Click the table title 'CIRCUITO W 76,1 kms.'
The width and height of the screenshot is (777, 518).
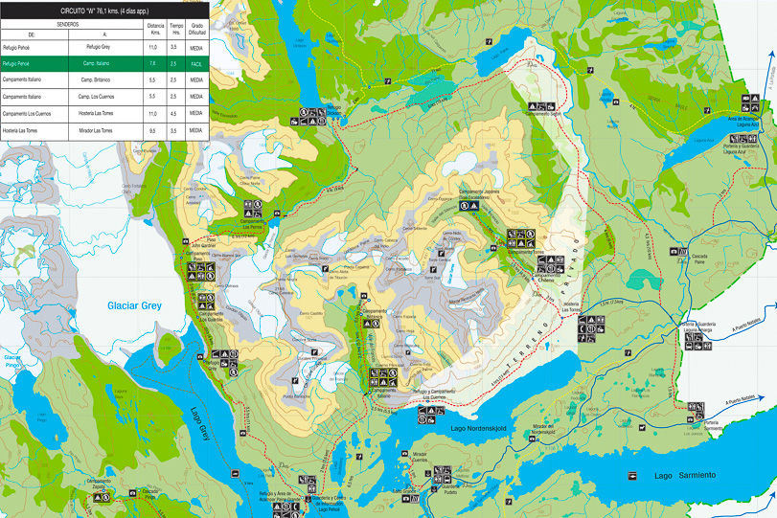[x=104, y=11]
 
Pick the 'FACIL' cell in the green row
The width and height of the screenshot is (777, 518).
[x=196, y=62]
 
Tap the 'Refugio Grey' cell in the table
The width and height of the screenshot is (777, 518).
[x=98, y=45]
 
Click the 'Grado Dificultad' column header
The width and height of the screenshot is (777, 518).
[x=196, y=28]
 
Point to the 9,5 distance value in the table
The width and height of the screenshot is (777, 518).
[x=153, y=129]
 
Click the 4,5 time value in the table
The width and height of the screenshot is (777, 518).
[x=173, y=113]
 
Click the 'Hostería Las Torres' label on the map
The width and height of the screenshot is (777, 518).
[x=571, y=307]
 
